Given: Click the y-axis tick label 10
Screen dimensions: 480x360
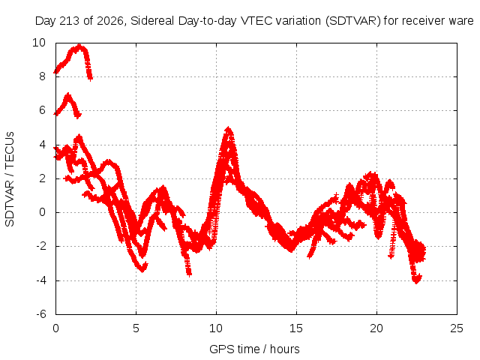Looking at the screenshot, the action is [x=39, y=43].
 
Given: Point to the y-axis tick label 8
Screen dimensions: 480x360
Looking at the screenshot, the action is [x=42, y=76].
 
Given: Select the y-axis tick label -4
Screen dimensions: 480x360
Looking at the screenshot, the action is [x=40, y=280].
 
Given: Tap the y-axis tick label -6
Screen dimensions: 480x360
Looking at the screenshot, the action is [x=40, y=314].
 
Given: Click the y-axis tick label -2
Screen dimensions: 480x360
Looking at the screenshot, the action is [x=40, y=246].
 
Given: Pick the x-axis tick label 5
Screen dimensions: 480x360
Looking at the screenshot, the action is [x=136, y=328].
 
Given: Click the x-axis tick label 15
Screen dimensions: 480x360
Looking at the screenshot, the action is [x=296, y=328].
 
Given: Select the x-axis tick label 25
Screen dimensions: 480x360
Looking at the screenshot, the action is [x=457, y=328].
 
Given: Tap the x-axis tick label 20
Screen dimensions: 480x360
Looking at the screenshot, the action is [x=376, y=328].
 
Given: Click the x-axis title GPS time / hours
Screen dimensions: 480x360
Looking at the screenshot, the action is [x=254, y=349].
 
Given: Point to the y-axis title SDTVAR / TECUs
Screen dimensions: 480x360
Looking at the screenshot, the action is [x=10, y=179].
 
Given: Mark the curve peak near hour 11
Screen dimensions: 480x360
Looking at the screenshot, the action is [x=228, y=128].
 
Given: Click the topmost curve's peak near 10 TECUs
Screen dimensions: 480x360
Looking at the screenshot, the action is [x=79, y=46].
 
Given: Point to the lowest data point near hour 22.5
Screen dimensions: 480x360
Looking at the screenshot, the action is [x=416, y=281].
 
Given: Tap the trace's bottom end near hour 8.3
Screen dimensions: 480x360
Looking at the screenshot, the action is [x=190, y=274].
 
